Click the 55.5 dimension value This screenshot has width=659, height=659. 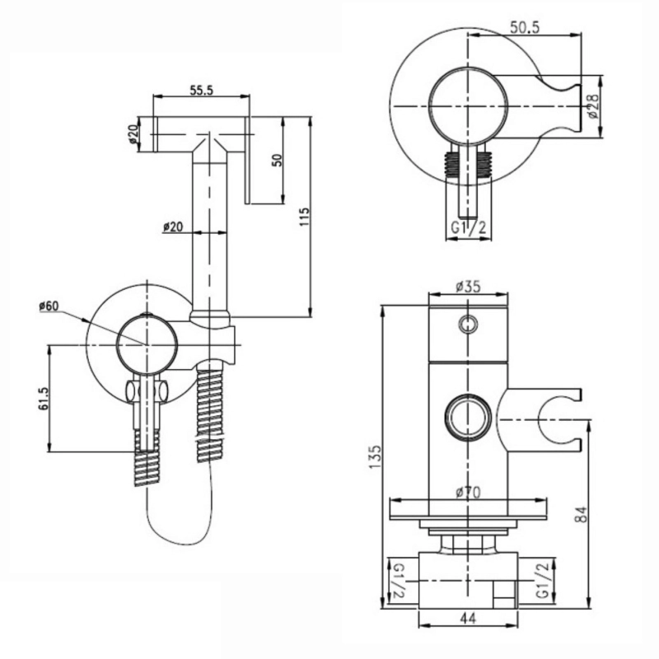pyautogui.click(x=202, y=90)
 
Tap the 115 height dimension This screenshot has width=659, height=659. pyautogui.click(x=305, y=217)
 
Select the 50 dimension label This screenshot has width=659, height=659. pyautogui.click(x=278, y=160)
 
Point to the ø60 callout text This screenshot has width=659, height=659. pyautogui.click(x=49, y=306)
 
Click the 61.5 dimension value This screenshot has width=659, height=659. pyautogui.click(x=44, y=399)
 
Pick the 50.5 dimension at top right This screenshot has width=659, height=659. pyautogui.click(x=525, y=28)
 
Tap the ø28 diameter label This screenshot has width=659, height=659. pyautogui.click(x=593, y=105)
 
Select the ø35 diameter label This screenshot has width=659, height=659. pyautogui.click(x=468, y=287)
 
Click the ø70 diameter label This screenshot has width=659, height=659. pyautogui.click(x=468, y=492)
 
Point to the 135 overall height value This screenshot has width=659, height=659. pyautogui.click(x=375, y=457)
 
